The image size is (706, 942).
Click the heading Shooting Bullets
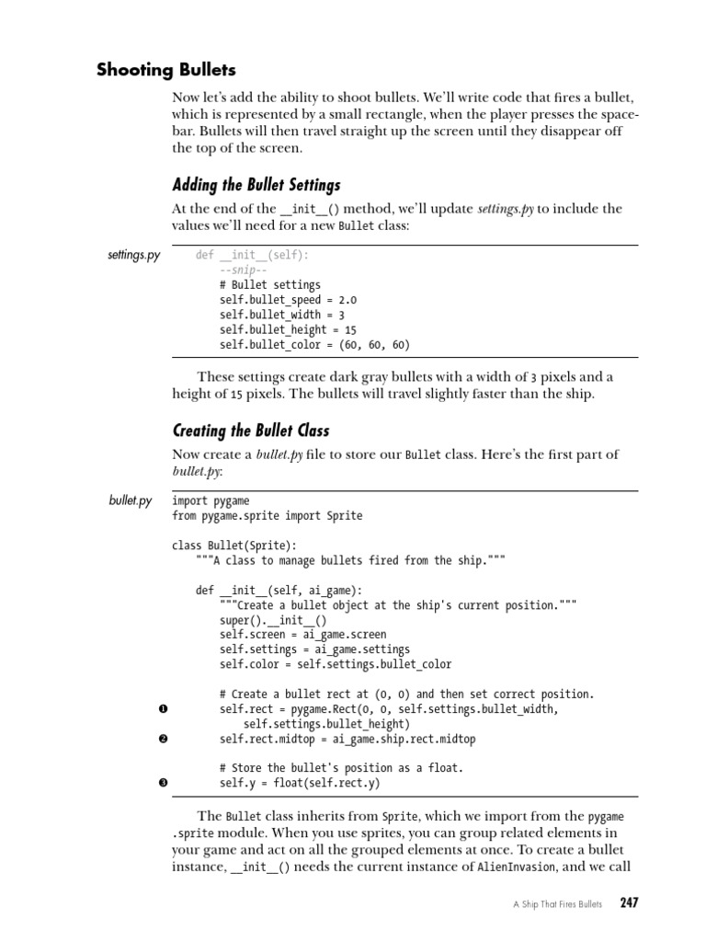[166, 70]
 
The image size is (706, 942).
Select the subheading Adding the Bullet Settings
[256, 185]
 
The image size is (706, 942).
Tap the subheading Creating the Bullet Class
[251, 431]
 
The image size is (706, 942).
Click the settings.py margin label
[133, 255]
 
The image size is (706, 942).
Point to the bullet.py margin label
[131, 500]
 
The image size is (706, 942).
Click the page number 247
[629, 902]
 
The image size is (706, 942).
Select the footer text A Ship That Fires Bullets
[556, 904]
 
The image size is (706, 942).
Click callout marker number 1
[163, 709]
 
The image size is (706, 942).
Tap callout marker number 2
[163, 739]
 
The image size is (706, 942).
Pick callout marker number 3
[163, 784]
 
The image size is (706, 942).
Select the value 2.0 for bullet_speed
[347, 300]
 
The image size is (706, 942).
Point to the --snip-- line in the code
[242, 270]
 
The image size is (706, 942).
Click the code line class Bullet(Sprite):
[234, 546]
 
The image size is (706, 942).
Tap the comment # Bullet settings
[270, 285]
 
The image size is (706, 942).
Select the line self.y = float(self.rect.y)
[300, 784]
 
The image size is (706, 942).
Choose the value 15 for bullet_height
[350, 329]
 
